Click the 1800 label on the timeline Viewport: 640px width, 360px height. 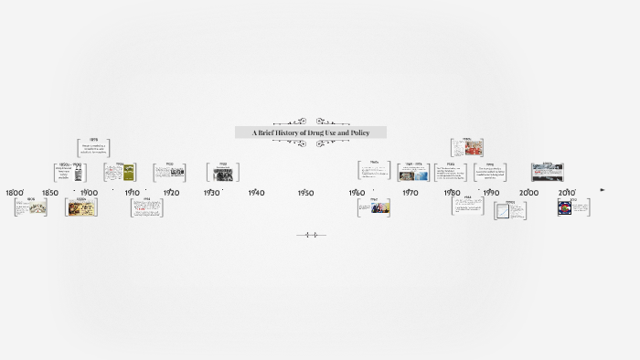tap(15, 193)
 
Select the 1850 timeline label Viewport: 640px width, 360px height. tap(49, 193)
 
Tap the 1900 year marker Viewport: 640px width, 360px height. tap(89, 193)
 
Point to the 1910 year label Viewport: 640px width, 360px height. tap(133, 193)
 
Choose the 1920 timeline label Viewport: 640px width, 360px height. tap(171, 193)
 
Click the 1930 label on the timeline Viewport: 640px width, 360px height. tap(212, 193)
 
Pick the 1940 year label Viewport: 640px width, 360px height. tap(256, 193)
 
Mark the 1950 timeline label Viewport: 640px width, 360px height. tap(305, 193)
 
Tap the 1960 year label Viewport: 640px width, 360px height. tap(357, 193)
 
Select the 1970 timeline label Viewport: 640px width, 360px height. tap(410, 193)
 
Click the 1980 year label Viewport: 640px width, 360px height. tap(452, 193)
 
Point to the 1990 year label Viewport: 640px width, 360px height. tap(491, 193)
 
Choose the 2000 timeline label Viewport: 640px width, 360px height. tap(528, 193)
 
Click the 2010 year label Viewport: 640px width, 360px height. tap(567, 193)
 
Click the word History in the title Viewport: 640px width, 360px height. tap(293, 133)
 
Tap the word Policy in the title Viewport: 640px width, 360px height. tap(358, 133)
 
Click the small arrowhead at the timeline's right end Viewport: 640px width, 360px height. tap(602, 190)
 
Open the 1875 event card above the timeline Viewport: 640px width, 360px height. tap(93, 147)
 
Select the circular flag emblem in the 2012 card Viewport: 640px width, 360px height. tap(565, 207)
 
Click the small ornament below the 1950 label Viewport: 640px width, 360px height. tap(311, 235)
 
